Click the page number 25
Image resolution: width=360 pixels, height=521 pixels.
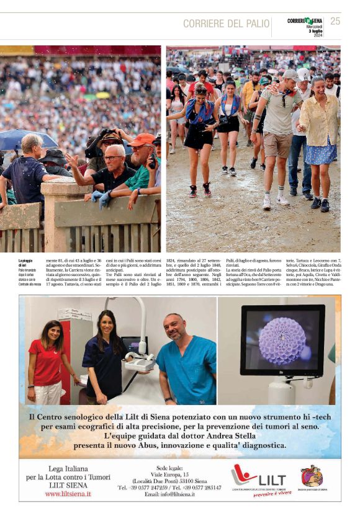pos(335,21)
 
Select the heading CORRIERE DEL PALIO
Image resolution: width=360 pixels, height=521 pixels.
pos(225,24)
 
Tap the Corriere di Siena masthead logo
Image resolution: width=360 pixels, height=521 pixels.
pos(305,20)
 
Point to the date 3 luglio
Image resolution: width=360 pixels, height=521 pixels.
pos(315,30)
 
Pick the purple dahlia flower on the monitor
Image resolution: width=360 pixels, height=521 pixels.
pos(282,341)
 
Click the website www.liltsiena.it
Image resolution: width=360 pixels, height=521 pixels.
pos(68,494)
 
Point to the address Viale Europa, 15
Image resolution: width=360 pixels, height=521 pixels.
pos(178,474)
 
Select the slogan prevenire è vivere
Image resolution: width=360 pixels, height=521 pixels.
pos(272,494)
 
